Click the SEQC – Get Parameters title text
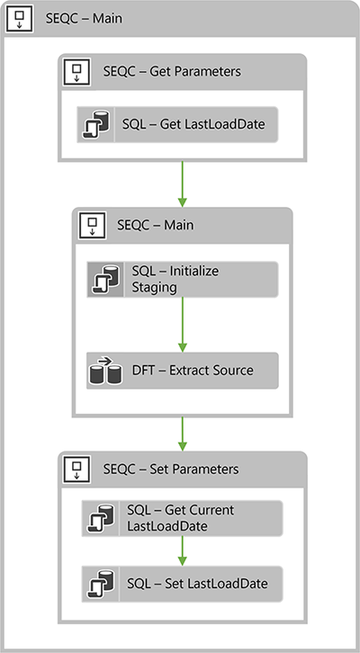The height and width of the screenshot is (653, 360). tap(172, 71)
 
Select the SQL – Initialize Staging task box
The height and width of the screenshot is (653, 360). tap(182, 278)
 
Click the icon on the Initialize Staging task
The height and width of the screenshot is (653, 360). tap(103, 279)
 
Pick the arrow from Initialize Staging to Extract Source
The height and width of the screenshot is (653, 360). tap(182, 324)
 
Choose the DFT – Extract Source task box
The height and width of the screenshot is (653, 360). tap(182, 370)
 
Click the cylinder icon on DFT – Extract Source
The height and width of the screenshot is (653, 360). tap(104, 370)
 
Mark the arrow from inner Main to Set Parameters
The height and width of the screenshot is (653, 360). tap(182, 433)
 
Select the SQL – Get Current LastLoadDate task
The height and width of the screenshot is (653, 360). tap(182, 517)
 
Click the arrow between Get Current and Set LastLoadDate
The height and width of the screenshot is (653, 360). tap(182, 549)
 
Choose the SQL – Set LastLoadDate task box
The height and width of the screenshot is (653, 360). tap(182, 583)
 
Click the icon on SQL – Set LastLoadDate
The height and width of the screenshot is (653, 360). tap(97, 583)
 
